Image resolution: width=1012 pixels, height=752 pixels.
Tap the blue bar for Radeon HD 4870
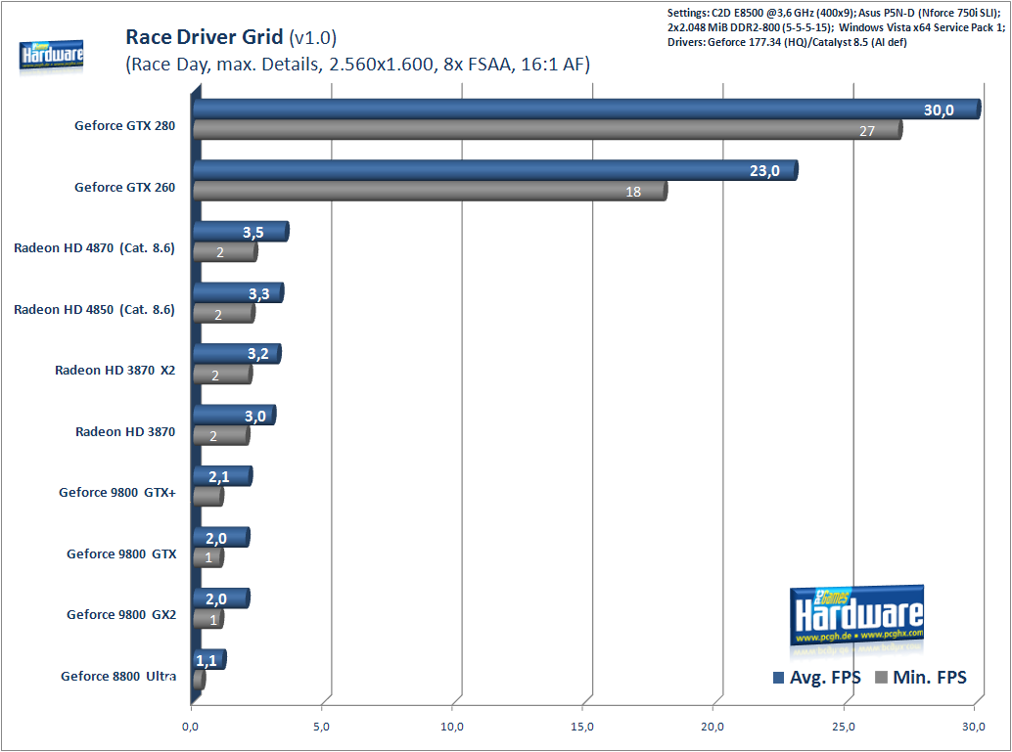pyautogui.click(x=240, y=232)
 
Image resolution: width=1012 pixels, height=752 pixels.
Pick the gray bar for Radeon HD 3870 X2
pyautogui.click(x=222, y=374)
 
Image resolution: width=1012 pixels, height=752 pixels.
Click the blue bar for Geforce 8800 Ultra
pyautogui.click(x=209, y=660)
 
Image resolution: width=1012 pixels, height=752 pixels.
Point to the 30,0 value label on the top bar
pyautogui.click(x=939, y=110)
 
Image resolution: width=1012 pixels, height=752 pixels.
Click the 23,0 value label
pyautogui.click(x=764, y=171)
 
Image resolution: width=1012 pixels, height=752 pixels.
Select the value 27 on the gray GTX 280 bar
pyautogui.click(x=866, y=130)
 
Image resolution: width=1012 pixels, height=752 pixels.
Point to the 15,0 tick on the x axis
pyautogui.click(x=583, y=727)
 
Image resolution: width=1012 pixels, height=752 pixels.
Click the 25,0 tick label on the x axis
pyautogui.click(x=845, y=727)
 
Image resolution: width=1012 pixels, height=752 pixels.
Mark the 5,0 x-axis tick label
pyautogui.click(x=322, y=727)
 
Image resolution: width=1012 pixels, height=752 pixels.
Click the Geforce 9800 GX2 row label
pyautogui.click(x=121, y=615)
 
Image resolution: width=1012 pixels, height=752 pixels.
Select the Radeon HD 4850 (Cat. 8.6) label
pyautogui.click(x=94, y=309)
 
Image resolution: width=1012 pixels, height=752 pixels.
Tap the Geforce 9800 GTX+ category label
pyautogui.click(x=117, y=493)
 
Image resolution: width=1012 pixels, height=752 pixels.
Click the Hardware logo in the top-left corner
pyautogui.click(x=51, y=57)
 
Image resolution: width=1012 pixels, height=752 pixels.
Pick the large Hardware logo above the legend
pyautogui.click(x=856, y=616)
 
